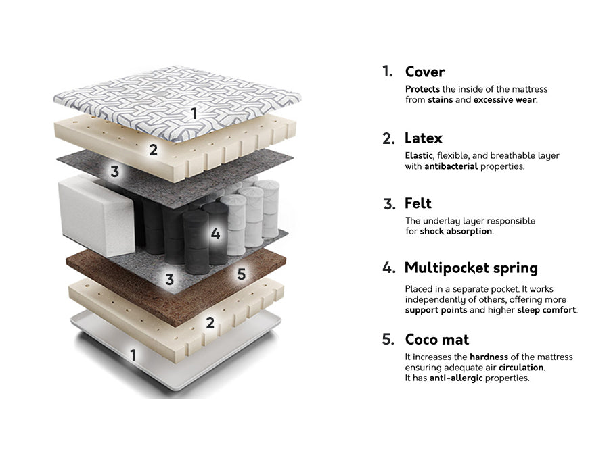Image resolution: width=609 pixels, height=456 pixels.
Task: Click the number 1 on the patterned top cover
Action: tap(194, 113)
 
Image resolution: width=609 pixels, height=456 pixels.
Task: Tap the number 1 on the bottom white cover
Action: tap(133, 354)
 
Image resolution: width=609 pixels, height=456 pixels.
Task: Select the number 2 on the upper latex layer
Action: tap(154, 150)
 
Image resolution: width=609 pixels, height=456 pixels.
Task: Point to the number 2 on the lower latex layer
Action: tap(210, 323)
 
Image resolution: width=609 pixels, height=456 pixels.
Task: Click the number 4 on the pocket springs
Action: tap(215, 234)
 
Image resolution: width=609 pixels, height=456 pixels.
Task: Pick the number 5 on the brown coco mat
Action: tap(241, 274)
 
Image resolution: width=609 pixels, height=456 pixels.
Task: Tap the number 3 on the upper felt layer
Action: tap(115, 172)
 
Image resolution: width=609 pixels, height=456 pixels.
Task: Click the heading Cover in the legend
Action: tap(425, 72)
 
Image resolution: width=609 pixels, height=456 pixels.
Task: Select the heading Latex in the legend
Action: tap(424, 138)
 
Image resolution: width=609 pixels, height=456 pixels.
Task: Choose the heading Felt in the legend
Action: tap(418, 203)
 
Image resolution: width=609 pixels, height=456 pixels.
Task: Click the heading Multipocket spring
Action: tap(471, 268)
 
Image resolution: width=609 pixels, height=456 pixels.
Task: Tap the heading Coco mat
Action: tap(436, 339)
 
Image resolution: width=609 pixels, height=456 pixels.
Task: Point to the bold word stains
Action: tap(440, 100)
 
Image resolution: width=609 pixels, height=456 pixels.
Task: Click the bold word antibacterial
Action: tap(451, 166)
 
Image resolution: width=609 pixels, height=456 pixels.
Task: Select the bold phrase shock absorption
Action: tap(456, 231)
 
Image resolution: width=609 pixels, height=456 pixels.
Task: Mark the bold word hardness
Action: tap(489, 357)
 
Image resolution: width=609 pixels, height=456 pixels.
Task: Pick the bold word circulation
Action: tap(521, 368)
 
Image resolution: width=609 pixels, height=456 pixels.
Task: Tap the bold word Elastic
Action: tap(419, 155)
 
